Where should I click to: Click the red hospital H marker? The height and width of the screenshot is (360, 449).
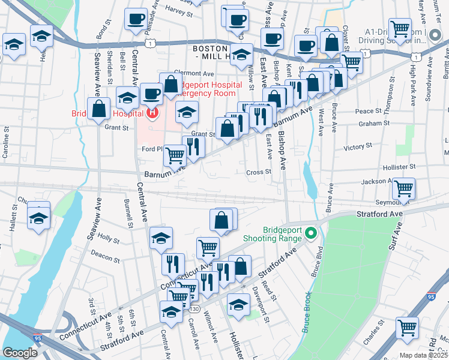point(153,112)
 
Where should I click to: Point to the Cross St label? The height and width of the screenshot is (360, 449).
point(259,172)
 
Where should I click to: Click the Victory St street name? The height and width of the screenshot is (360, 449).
point(358,146)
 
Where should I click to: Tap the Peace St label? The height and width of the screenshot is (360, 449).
point(369,111)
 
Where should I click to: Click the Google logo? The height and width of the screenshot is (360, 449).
point(20,353)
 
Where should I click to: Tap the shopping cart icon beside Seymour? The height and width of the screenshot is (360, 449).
point(403,188)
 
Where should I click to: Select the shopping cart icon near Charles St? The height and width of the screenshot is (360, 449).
point(407,328)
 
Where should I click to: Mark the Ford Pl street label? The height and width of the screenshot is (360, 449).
point(152,149)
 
